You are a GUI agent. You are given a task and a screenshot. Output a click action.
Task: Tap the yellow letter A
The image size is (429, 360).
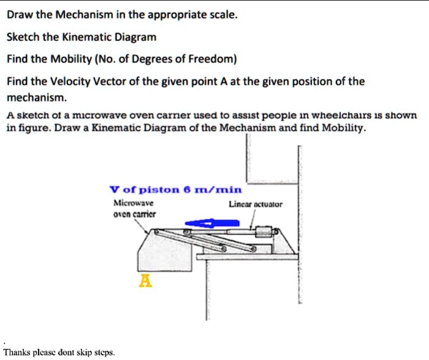click(145, 281)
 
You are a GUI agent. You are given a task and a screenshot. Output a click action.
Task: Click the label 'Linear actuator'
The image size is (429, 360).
click(256, 204)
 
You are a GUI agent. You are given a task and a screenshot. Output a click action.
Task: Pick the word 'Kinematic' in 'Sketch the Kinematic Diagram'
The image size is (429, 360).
click(99, 37)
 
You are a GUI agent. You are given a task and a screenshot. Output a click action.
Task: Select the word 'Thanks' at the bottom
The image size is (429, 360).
click(18, 352)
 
